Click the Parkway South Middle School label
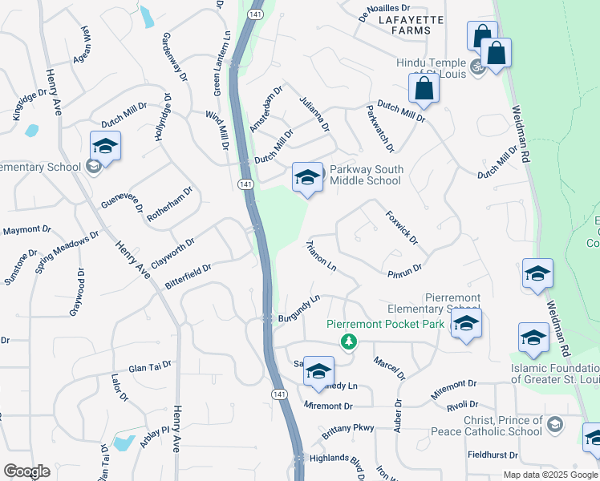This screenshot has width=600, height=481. tap(366, 175)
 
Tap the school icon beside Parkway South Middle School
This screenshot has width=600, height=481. tap(307, 176)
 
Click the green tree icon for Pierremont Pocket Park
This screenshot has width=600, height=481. tap(348, 342)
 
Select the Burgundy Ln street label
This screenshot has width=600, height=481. tap(298, 309)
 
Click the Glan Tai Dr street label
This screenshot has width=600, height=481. tap(150, 365)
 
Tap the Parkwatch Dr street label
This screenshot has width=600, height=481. tap(380, 128)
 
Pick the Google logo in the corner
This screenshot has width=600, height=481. tap(26, 471)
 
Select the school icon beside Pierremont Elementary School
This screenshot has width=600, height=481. tap(465, 324)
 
